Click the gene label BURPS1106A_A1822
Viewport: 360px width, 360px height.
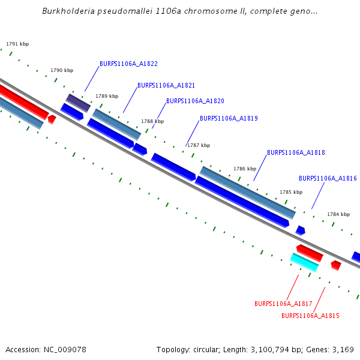[128, 64]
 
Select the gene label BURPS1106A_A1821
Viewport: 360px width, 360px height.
[166, 86]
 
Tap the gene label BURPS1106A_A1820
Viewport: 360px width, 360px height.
[195, 101]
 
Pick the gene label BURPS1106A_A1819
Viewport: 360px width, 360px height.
[229, 119]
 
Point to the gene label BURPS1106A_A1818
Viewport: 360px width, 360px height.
[296, 153]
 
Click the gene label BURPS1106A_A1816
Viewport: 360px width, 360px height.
[328, 179]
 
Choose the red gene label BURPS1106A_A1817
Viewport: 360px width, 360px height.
[283, 304]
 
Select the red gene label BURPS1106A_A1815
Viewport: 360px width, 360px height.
[310, 316]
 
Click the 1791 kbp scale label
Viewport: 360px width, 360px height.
[17, 44]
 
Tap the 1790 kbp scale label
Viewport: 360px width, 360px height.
[62, 71]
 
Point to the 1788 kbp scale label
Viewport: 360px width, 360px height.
[152, 122]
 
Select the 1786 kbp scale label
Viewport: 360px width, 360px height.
[245, 169]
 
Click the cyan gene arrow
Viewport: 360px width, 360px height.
[304, 262]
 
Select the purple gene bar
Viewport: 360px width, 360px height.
[78, 103]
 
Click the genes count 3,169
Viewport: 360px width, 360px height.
[342, 349]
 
